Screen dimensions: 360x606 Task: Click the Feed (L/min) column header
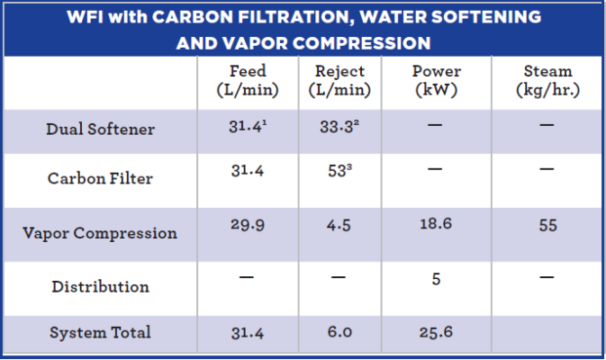click(x=246, y=80)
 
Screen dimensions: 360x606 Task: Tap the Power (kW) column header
click(x=436, y=80)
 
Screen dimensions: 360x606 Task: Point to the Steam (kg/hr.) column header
click(x=548, y=80)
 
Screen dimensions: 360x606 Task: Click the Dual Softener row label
click(x=100, y=130)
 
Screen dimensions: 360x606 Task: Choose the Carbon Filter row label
click(x=100, y=178)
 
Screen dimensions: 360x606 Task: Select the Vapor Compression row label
click(x=100, y=233)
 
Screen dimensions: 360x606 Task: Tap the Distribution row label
click(x=100, y=287)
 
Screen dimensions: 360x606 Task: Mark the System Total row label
click(x=100, y=333)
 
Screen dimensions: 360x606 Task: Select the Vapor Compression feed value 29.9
click(x=246, y=225)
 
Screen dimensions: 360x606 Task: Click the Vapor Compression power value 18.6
click(x=436, y=225)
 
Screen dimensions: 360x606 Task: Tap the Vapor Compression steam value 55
click(x=548, y=225)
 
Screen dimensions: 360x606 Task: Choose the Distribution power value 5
click(x=436, y=279)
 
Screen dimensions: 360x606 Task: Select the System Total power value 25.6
click(x=436, y=333)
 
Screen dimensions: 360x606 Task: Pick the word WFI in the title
click(x=87, y=17)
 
